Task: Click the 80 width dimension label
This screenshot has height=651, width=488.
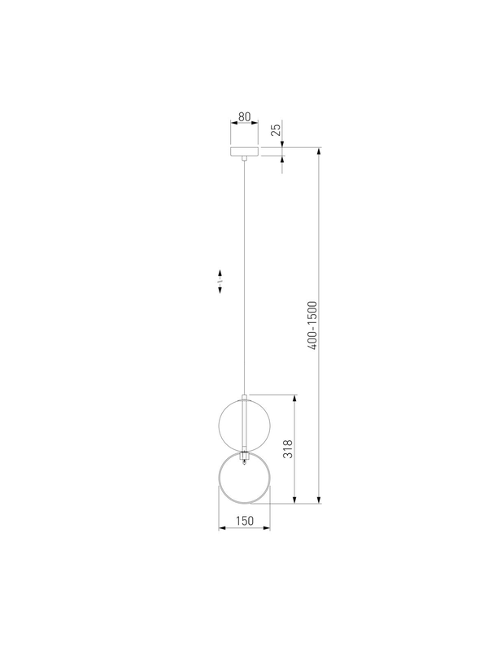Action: pos(245,116)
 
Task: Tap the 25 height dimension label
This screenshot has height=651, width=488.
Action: pos(276,130)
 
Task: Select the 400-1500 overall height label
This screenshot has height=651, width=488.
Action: pos(312,325)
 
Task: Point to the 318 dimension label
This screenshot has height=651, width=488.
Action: pos(288,449)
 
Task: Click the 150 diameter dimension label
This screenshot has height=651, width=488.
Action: pos(245,521)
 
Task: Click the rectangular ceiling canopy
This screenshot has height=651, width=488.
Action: pos(245,151)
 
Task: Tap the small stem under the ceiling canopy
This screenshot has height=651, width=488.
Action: pos(245,158)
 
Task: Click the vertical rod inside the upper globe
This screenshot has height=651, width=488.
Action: pos(245,423)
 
